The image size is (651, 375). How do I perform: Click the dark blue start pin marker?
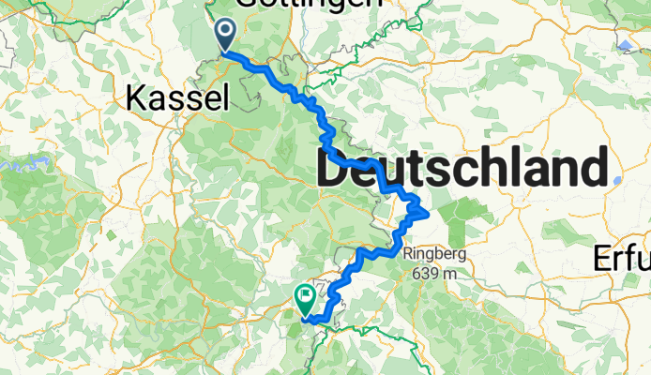[226, 36]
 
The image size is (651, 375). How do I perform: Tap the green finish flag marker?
[305, 299]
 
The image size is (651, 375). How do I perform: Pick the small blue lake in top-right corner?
[625, 44]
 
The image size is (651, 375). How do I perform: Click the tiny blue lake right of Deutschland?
[616, 181]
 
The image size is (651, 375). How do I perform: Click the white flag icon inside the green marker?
[305, 296]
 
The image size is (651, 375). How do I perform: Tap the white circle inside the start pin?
[226, 31]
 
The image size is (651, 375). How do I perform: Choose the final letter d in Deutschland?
[593, 172]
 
